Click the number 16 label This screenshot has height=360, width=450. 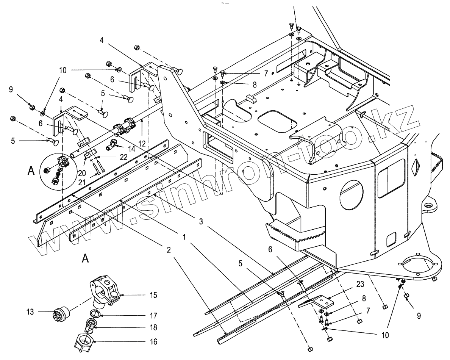153,342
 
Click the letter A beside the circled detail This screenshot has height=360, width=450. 31,171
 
